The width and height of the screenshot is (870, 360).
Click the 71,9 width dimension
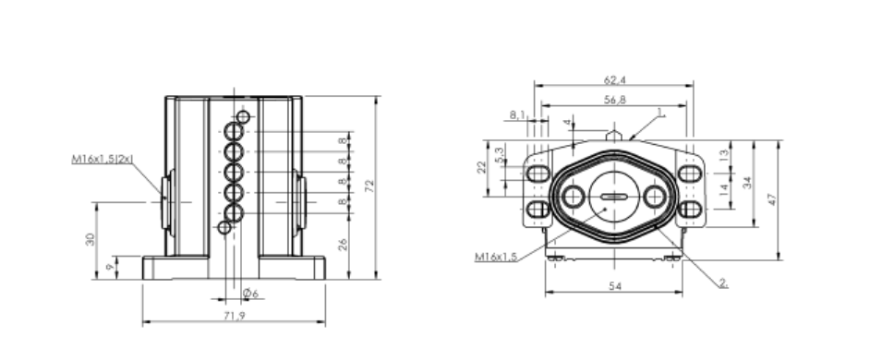tap(235, 316)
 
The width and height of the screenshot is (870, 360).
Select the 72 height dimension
tap(370, 186)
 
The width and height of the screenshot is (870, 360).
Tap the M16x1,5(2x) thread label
tap(103, 159)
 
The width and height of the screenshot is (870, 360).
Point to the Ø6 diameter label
tap(251, 294)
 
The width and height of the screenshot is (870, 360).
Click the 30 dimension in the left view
tap(91, 239)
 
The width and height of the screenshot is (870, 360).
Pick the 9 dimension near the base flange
tap(111, 267)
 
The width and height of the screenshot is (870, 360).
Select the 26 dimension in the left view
tap(343, 245)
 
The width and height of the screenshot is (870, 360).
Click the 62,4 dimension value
tap(615, 80)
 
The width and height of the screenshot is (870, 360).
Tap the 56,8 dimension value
tap(615, 100)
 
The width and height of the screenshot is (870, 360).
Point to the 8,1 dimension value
tap(517, 114)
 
